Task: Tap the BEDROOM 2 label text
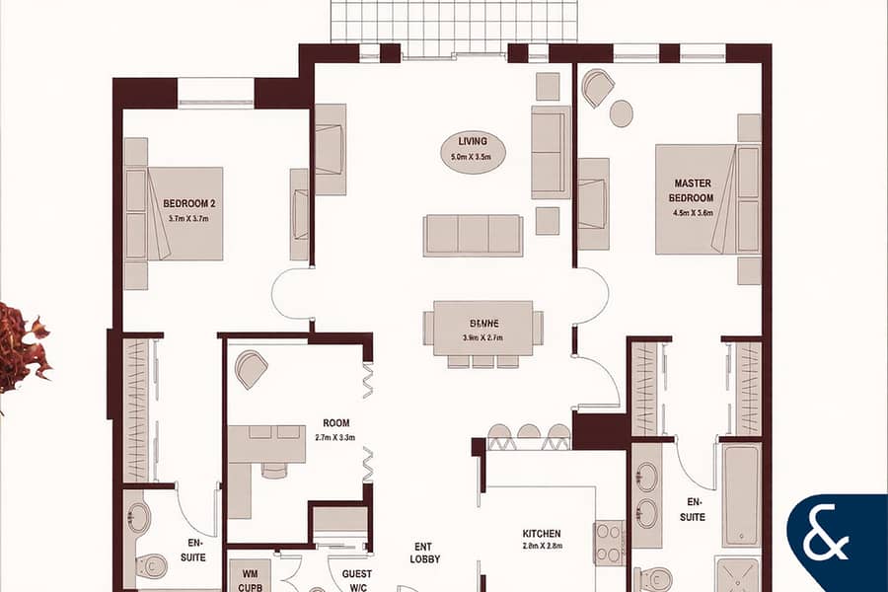(x=189, y=204)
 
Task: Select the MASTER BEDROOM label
(x=693, y=189)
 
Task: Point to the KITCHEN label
(x=542, y=534)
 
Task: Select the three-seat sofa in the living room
(x=473, y=235)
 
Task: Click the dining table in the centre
(x=483, y=328)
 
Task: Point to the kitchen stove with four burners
(x=609, y=543)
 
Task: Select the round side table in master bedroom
(x=621, y=113)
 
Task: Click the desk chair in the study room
(x=252, y=370)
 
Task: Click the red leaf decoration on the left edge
(x=22, y=345)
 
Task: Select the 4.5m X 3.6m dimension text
(x=693, y=211)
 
